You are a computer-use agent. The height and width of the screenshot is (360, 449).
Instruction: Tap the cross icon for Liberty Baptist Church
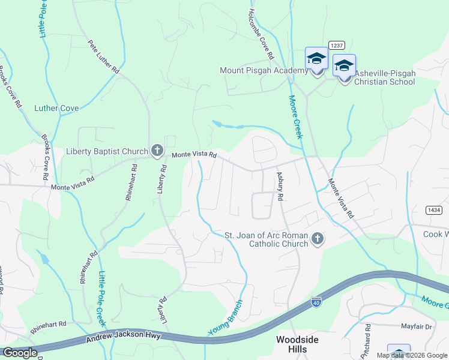tap(157, 151)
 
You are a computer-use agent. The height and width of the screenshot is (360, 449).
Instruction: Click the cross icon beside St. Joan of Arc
tap(318, 240)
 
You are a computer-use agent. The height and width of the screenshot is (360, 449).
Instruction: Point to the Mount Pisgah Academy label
tap(264, 70)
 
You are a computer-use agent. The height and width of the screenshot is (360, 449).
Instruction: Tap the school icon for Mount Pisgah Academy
tap(316, 59)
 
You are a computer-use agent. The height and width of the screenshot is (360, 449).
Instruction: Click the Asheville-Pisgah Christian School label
tap(384, 77)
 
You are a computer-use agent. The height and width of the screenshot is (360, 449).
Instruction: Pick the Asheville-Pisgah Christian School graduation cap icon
tap(344, 65)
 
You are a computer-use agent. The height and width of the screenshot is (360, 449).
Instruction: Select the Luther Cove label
tap(56, 108)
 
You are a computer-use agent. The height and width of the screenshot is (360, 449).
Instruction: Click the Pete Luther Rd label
tap(103, 57)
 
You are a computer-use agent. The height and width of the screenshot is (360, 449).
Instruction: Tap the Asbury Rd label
tap(280, 185)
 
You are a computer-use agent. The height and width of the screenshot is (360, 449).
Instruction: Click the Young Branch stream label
tap(226, 319)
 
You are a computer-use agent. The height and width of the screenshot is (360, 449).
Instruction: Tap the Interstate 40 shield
tap(316, 301)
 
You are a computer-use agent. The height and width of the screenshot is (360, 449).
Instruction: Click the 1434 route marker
tap(434, 209)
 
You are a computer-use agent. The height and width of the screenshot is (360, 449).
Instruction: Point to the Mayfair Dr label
tap(416, 327)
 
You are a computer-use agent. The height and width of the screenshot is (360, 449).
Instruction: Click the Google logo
tap(20, 353)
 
